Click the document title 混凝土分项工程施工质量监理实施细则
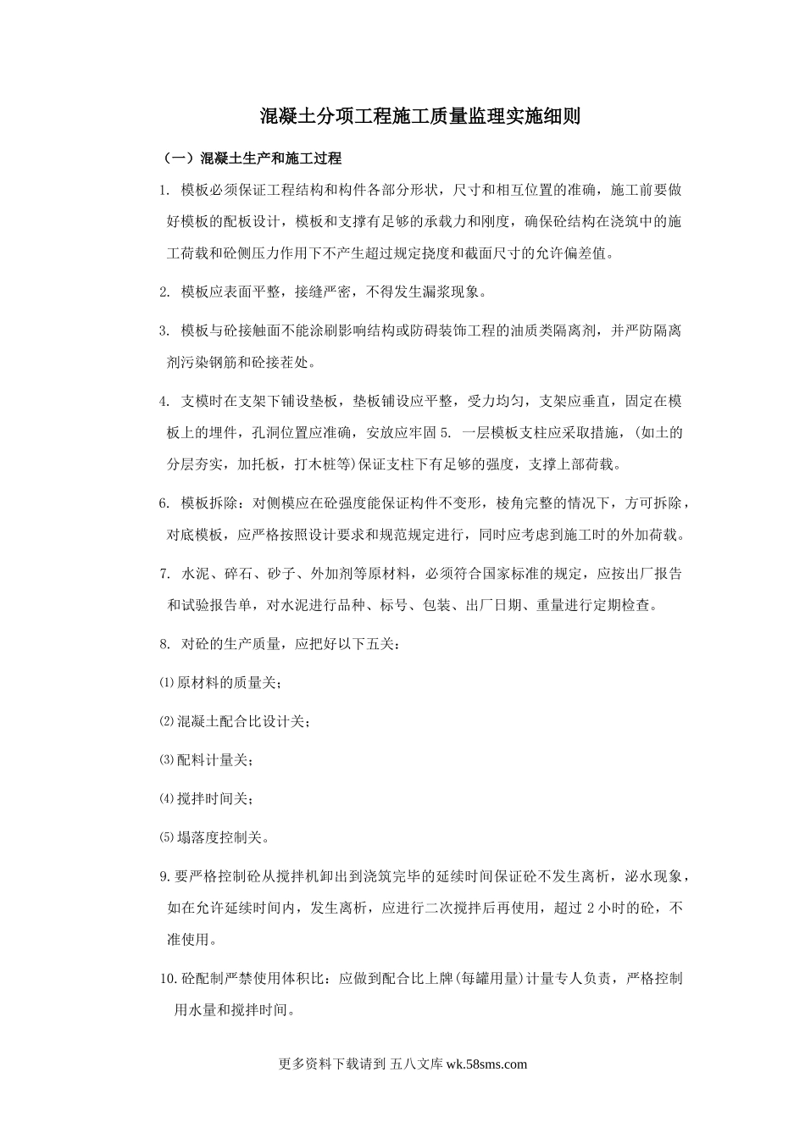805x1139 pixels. (x=419, y=117)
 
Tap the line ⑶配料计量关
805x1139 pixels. (x=206, y=760)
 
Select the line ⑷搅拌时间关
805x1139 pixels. (x=206, y=798)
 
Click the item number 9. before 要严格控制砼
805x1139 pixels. (x=165, y=876)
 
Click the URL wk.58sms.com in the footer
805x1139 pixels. (x=486, y=1065)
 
